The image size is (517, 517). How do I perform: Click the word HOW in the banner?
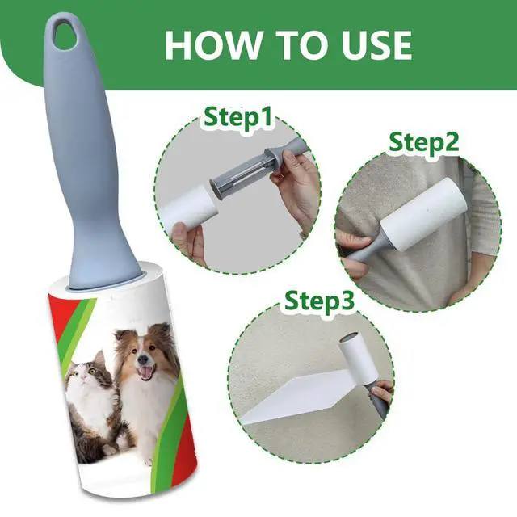[211, 44]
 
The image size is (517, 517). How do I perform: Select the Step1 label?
[237, 116]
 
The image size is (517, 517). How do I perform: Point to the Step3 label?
[319, 300]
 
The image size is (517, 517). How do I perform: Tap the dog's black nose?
[144, 359]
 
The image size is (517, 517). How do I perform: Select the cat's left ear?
[99, 357]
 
